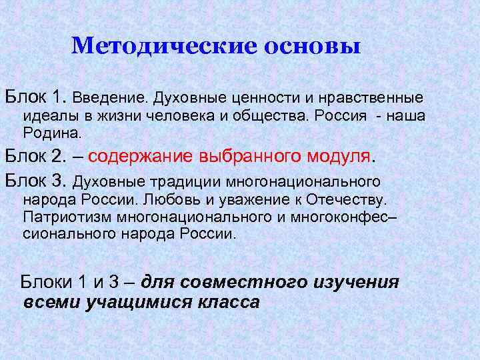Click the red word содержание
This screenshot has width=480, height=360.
[x=141, y=157]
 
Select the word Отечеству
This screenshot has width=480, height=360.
[x=351, y=199]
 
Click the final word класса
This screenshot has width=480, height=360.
[x=229, y=301]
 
